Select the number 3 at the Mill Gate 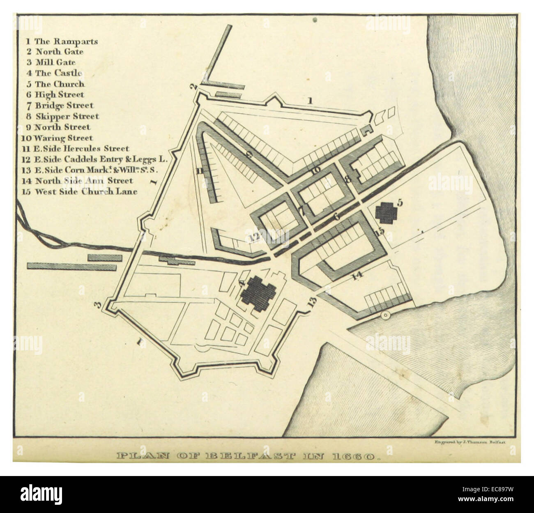click(97, 305)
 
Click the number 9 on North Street click(249, 155)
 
